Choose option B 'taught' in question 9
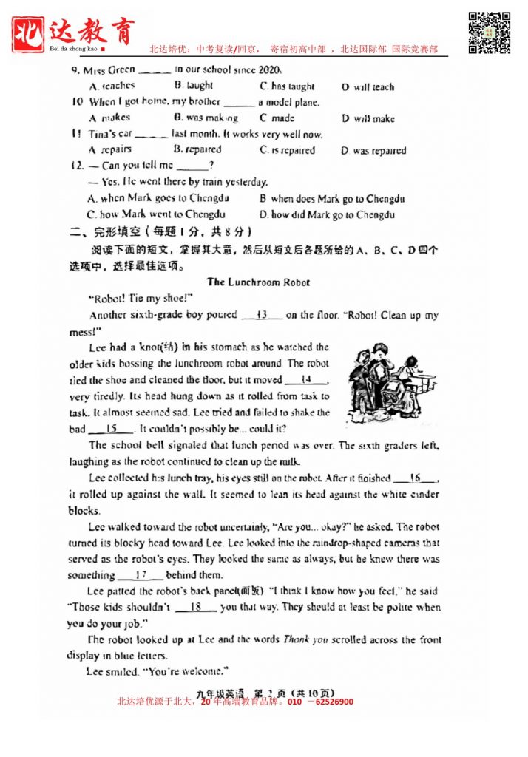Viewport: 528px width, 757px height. [x=194, y=86]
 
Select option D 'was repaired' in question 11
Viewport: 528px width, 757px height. [x=373, y=151]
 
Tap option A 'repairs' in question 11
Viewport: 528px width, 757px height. [x=109, y=149]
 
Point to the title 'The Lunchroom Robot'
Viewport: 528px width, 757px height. [x=258, y=282]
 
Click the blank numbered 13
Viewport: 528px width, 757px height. [x=262, y=316]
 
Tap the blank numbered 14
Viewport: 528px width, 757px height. [x=305, y=380]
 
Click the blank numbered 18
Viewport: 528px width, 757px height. [x=196, y=607]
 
